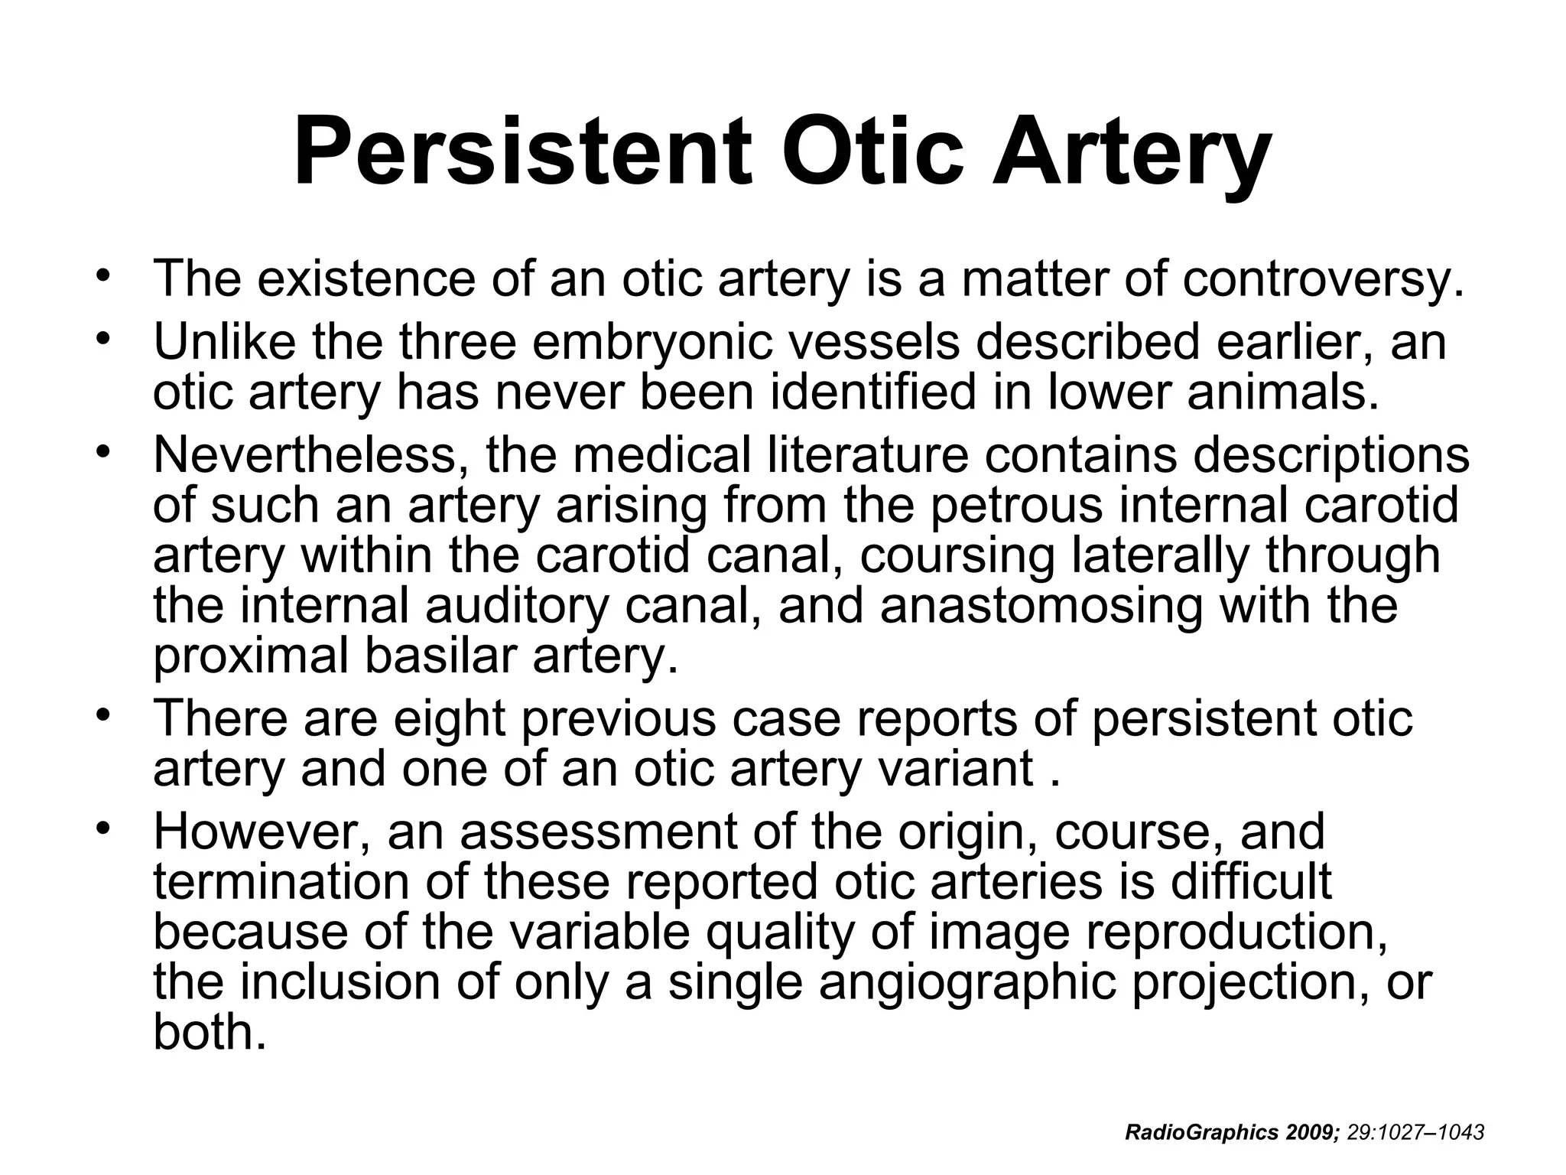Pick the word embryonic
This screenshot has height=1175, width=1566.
coord(653,343)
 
